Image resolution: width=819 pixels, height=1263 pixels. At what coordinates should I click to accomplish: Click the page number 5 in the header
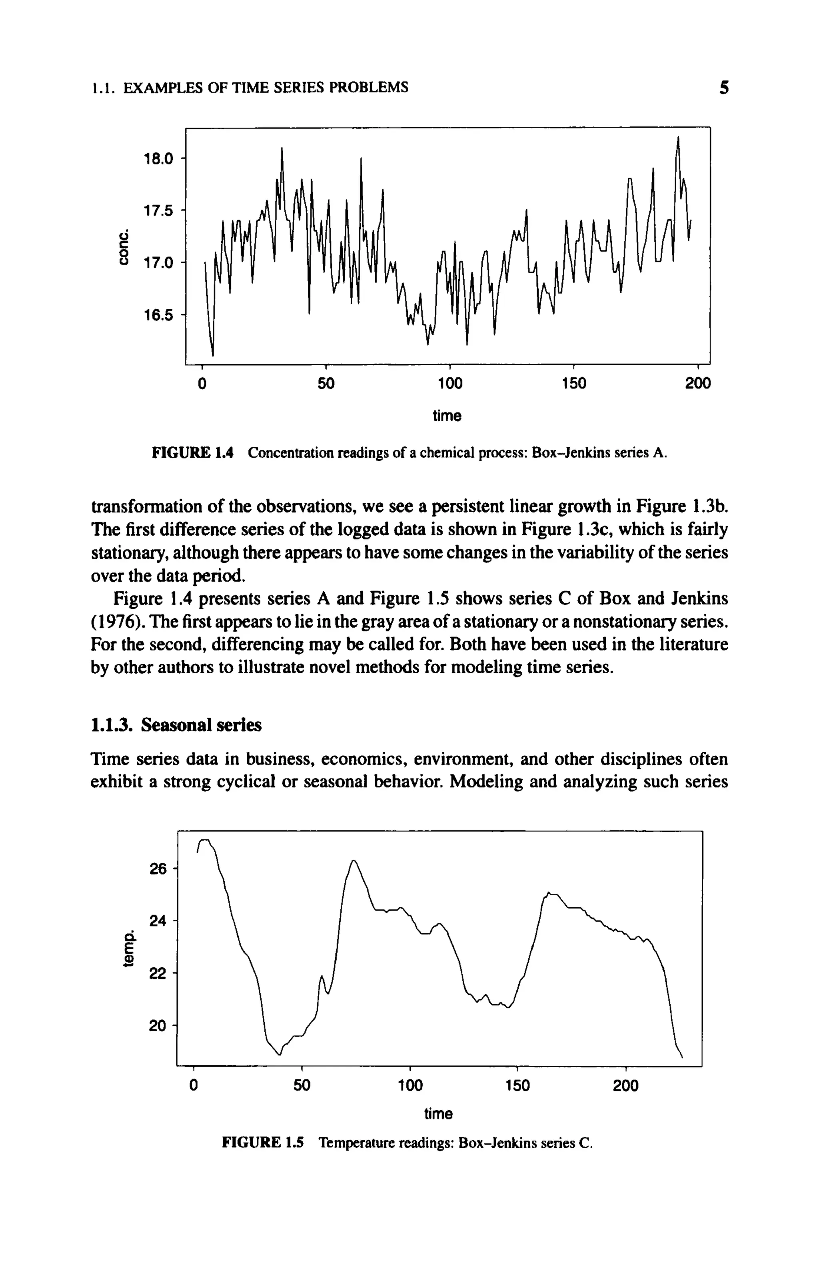[x=723, y=87]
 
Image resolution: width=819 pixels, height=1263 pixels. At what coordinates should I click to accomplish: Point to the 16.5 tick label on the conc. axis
[x=159, y=315]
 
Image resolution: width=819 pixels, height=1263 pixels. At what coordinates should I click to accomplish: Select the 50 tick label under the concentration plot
[x=326, y=383]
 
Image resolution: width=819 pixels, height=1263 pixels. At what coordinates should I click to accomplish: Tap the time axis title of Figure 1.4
[x=447, y=416]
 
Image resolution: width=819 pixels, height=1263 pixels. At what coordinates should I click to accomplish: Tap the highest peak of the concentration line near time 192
[x=678, y=138]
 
